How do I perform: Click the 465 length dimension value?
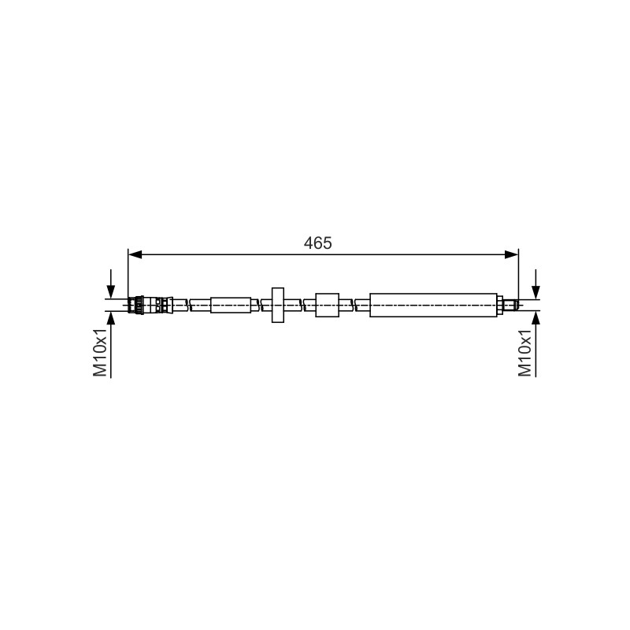[x=318, y=243]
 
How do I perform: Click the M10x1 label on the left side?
[x=100, y=352]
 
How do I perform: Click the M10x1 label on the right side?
[x=524, y=352]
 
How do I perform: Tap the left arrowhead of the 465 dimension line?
[x=135, y=254]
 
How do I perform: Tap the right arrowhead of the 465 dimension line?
[x=511, y=254]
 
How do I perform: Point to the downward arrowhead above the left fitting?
[x=110, y=292]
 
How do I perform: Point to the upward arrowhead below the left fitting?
[x=110, y=318]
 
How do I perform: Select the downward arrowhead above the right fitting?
[x=535, y=292]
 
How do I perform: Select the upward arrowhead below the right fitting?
[x=535, y=318]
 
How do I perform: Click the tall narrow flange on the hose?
[x=278, y=305]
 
